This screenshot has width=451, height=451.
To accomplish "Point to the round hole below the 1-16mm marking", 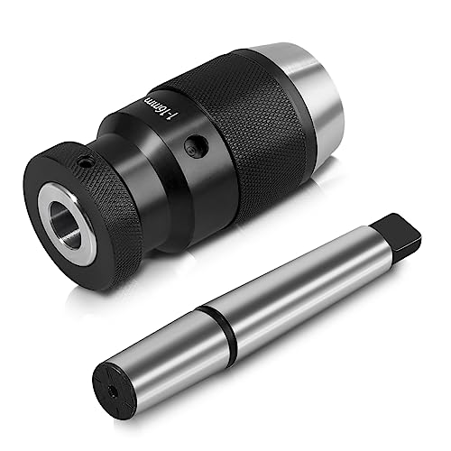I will (189, 144).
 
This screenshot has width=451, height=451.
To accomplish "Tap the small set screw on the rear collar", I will (82, 163).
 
